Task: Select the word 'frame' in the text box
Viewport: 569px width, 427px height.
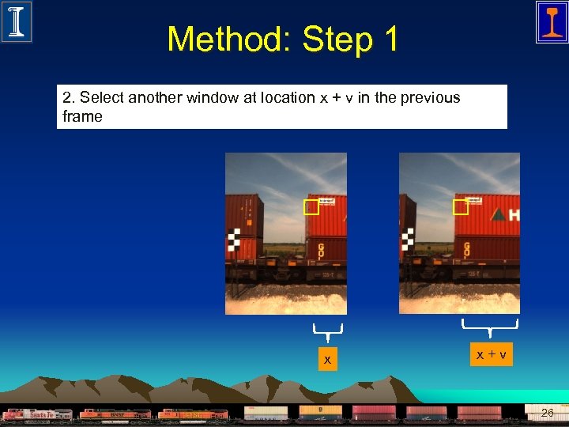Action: pyautogui.click(x=82, y=116)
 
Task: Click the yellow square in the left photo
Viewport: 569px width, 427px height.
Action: pyautogui.click(x=311, y=208)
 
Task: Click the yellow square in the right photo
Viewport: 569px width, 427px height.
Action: pyautogui.click(x=460, y=207)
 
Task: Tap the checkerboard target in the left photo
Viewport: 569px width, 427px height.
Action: pyautogui.click(x=235, y=239)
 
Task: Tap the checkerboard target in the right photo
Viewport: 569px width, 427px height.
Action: pyautogui.click(x=407, y=239)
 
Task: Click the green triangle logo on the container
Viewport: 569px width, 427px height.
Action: pyautogui.click(x=497, y=213)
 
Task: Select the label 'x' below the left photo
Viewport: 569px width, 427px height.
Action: pyautogui.click(x=327, y=361)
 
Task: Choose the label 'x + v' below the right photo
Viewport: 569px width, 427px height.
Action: pyautogui.click(x=491, y=355)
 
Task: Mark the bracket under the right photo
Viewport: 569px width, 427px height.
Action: pyautogui.click(x=490, y=324)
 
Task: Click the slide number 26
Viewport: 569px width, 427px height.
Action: pyautogui.click(x=547, y=413)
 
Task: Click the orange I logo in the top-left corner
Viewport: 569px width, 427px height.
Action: pyautogui.click(x=16, y=21)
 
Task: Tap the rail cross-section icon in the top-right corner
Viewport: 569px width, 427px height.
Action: pyautogui.click(x=551, y=21)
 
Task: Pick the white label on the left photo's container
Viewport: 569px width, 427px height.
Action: pyautogui.click(x=326, y=202)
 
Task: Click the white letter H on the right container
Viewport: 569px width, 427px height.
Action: pyautogui.click(x=514, y=214)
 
